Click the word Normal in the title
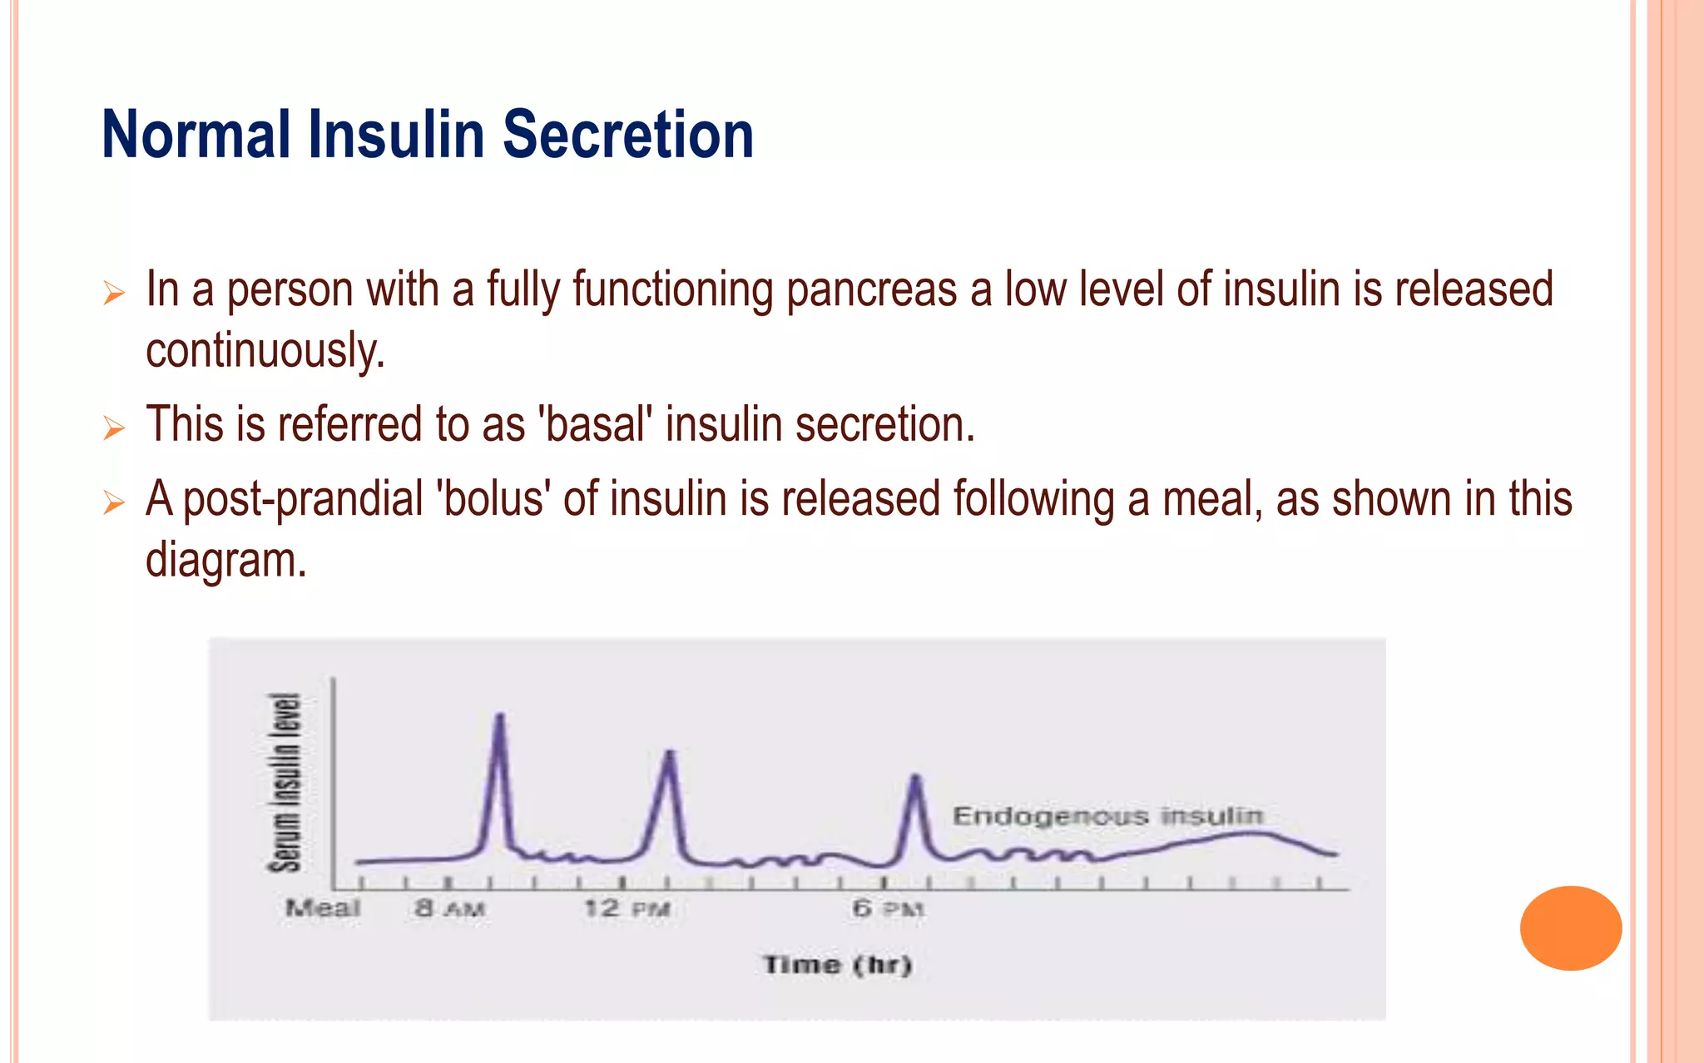click(196, 135)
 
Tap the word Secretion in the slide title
click(628, 135)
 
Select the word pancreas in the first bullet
click(871, 289)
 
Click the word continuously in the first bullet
click(265, 350)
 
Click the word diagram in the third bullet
click(225, 560)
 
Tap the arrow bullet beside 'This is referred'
click(114, 428)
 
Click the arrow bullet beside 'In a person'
click(114, 293)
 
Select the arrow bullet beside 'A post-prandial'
click(114, 502)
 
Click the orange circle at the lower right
click(1570, 927)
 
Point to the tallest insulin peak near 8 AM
click(500, 717)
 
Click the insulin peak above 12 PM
click(671, 754)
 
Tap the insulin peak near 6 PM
click(915, 779)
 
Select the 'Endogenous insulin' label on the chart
click(1107, 816)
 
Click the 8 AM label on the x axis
click(449, 907)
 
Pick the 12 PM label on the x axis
click(627, 907)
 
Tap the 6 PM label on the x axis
click(888, 907)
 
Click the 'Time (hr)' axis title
click(838, 965)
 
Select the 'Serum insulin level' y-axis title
click(285, 782)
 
